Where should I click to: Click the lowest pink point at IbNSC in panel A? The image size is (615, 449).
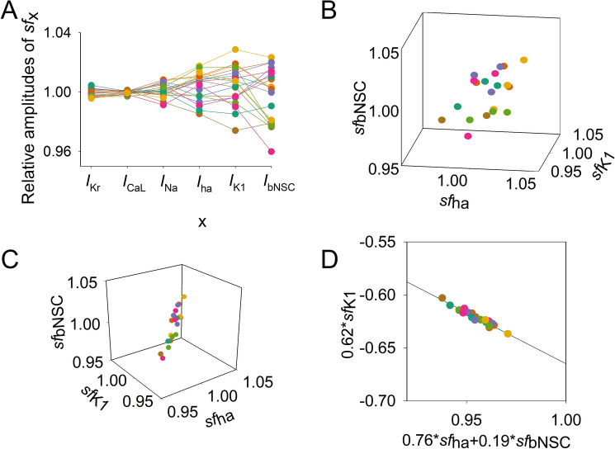tap(272, 152)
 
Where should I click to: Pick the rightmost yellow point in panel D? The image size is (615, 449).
tap(509, 333)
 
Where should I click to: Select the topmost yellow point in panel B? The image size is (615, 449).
tap(523, 60)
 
